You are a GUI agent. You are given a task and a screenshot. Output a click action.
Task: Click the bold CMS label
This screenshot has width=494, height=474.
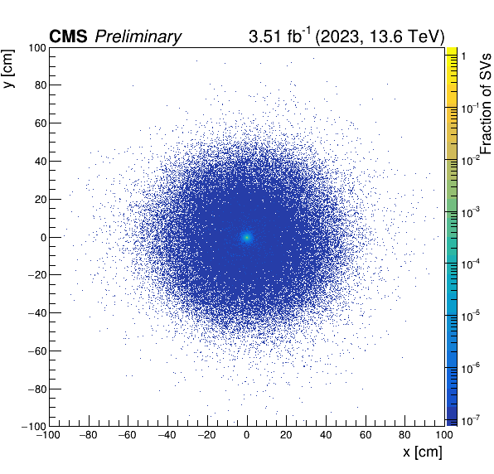68,36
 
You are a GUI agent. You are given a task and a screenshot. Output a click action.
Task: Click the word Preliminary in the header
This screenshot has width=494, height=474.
138,37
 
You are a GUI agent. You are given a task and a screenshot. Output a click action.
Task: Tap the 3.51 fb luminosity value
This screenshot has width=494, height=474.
279,36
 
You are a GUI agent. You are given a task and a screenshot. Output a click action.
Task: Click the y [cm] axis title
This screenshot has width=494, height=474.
9,68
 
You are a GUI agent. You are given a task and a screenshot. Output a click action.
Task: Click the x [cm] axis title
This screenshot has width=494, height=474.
423,452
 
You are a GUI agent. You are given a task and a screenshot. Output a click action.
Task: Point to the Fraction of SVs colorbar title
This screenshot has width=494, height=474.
486,104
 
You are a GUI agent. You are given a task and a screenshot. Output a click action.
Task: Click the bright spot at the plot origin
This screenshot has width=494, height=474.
247,237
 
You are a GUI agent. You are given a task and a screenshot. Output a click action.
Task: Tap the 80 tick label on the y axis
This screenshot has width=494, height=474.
41,85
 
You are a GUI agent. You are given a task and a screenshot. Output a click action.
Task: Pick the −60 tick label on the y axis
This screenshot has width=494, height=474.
37,351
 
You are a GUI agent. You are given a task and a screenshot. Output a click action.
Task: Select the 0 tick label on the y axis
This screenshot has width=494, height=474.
44,238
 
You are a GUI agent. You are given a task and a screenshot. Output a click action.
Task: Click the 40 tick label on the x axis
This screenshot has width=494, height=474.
326,435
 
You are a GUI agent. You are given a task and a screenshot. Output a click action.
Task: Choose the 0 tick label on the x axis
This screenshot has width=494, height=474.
247,435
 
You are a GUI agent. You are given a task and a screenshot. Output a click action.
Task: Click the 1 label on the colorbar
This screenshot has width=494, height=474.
463,56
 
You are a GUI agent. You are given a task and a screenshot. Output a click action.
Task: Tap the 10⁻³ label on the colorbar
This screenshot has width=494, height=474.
470,212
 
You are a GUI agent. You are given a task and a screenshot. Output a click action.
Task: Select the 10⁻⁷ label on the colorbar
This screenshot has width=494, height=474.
470,420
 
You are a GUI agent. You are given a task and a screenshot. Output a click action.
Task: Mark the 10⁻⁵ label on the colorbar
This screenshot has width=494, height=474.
470,316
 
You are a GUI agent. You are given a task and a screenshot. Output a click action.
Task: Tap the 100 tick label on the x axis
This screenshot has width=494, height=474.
444,435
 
